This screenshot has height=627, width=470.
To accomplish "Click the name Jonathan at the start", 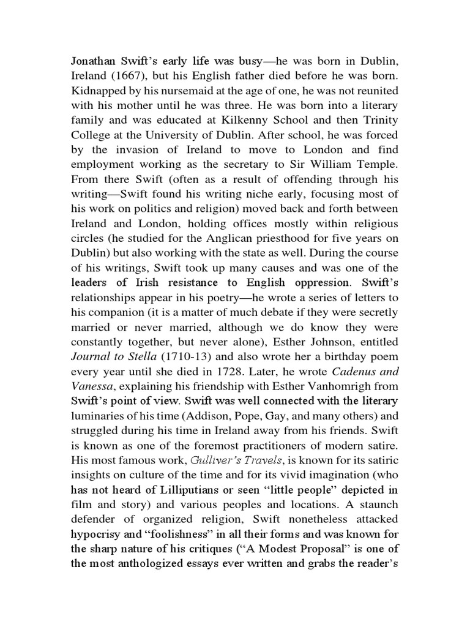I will tap(94, 62).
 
